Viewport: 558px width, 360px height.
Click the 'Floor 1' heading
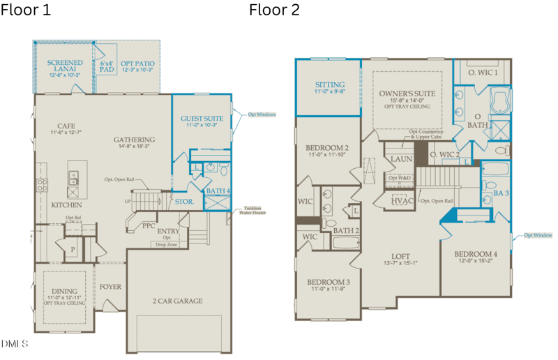26,10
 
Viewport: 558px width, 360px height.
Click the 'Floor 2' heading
274,10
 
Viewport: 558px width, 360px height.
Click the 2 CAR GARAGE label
178,301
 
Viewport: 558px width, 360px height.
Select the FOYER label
110,287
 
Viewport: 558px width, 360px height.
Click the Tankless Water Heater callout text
254,210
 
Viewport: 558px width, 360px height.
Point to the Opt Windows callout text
262,114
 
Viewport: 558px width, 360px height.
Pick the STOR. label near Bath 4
184,202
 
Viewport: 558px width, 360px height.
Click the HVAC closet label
402,201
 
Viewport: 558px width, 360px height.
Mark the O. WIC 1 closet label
482,73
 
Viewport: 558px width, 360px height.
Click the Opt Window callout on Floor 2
538,235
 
